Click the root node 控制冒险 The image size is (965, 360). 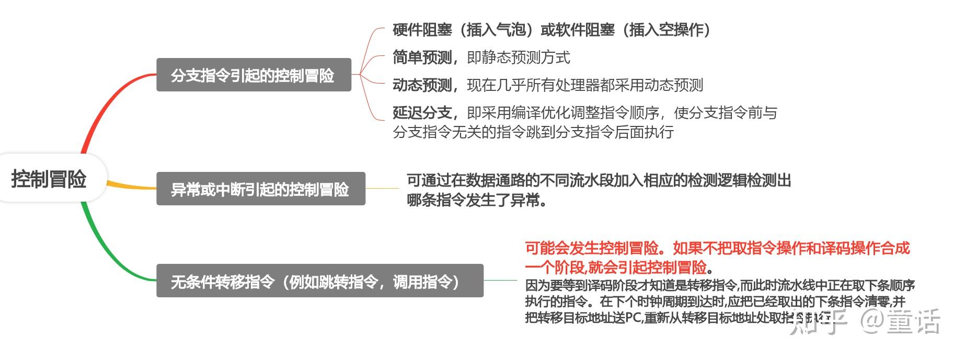click(49, 179)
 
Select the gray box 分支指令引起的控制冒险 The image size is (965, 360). click(254, 75)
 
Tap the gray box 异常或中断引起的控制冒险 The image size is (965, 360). click(260, 189)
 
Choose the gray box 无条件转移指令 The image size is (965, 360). click(319, 282)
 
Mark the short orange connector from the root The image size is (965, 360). click(131, 186)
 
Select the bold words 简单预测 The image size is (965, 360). click(422, 57)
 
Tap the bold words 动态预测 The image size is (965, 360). click(422, 85)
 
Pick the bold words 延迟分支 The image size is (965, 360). click(422, 113)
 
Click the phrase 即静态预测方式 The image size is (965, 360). click(518, 57)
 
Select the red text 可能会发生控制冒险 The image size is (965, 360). click(592, 248)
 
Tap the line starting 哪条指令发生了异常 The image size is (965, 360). click(477, 200)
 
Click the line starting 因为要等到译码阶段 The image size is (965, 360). click(720, 286)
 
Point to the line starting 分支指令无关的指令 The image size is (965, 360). click(533, 132)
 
